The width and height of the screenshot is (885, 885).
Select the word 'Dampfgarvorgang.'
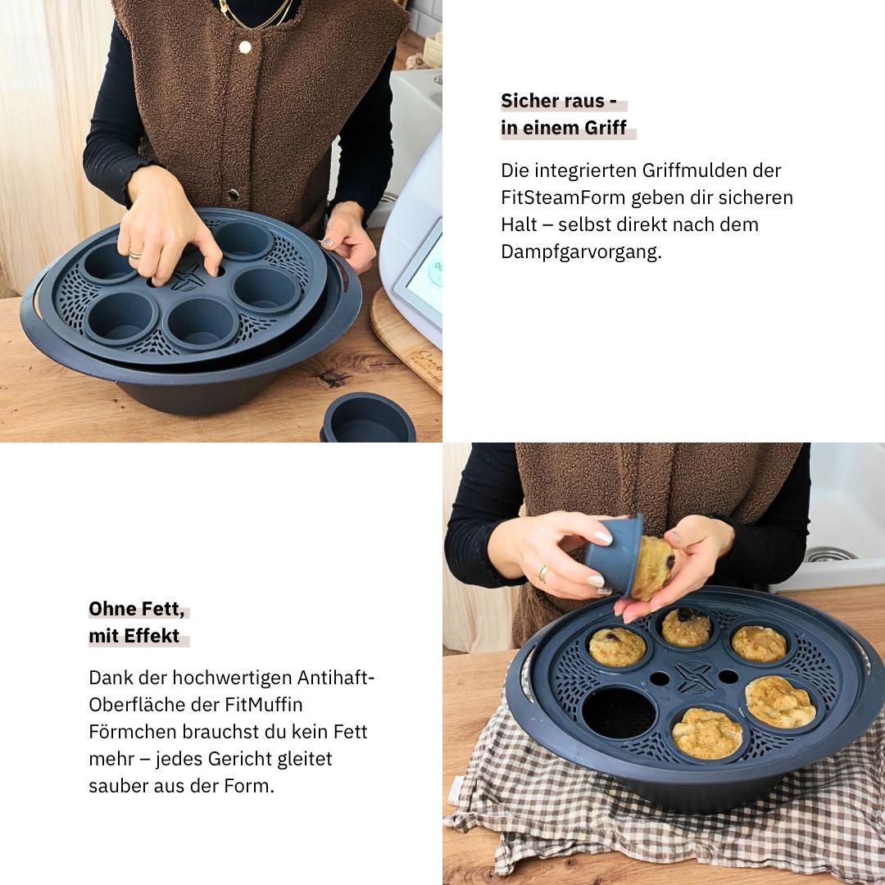(581, 252)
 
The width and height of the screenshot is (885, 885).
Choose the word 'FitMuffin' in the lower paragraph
(265, 705)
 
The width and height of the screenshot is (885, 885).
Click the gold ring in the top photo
(134, 255)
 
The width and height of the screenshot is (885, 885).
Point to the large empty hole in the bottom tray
(619, 711)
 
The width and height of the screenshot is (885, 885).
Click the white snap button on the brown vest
(244, 48)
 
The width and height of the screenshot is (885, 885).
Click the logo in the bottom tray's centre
(694, 676)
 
